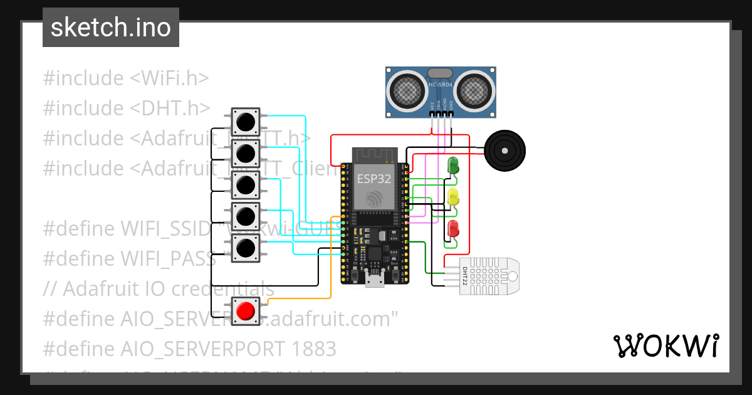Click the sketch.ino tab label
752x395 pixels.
(110, 28)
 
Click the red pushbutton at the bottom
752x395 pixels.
(246, 310)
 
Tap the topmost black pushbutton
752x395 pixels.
(246, 120)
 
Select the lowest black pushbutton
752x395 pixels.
(246, 248)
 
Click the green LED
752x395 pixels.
(452, 166)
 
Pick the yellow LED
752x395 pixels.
(452, 197)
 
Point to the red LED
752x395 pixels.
(452, 228)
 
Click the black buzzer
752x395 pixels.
(505, 150)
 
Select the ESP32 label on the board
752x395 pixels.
(374, 179)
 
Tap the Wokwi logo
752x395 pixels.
(666, 345)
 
